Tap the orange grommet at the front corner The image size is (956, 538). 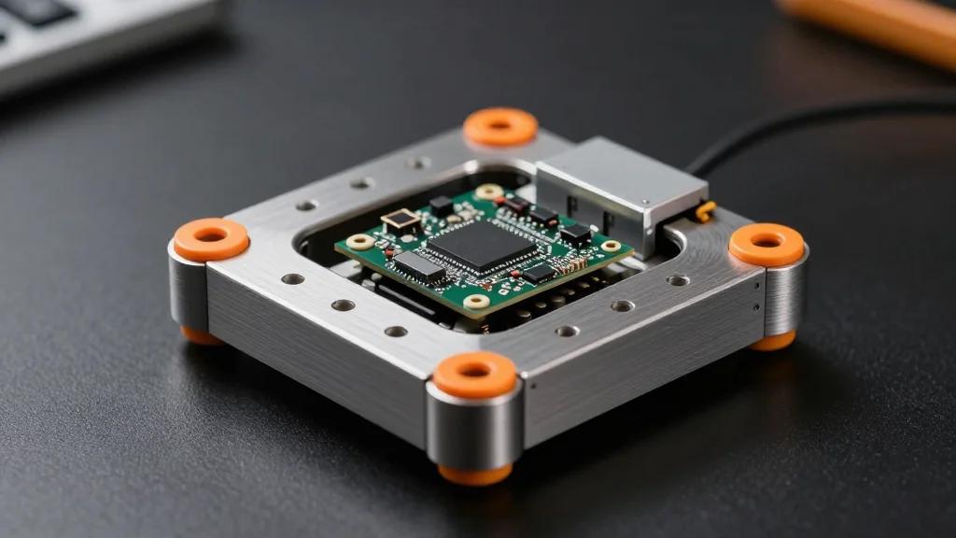tap(474, 374)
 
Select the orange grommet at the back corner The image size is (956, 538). tap(500, 126)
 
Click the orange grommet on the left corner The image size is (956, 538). tap(211, 239)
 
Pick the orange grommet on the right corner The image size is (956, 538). tap(766, 244)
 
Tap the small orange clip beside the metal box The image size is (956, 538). tap(707, 211)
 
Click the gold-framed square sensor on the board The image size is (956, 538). tap(401, 220)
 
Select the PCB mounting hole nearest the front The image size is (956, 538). tap(477, 302)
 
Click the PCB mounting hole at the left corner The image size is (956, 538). tap(360, 242)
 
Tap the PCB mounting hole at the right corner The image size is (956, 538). tap(611, 247)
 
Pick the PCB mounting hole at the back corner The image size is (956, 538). tap(488, 191)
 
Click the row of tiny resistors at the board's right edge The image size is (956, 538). tap(571, 266)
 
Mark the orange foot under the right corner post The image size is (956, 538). tap(773, 342)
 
